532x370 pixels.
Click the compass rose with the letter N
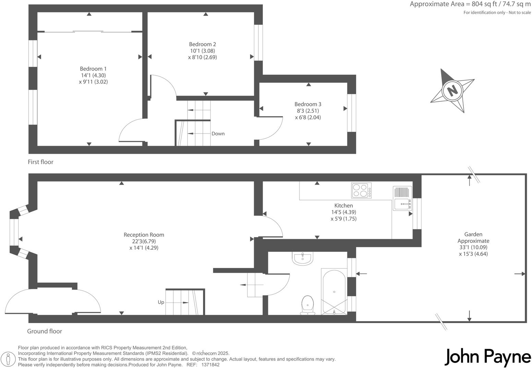[452, 91]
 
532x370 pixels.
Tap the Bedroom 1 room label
[93, 69]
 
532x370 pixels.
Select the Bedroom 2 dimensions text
[203, 54]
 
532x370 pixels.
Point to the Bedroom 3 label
[308, 104]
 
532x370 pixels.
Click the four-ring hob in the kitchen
[361, 190]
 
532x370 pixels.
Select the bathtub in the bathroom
[334, 291]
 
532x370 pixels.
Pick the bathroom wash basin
[302, 259]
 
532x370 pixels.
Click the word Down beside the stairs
[218, 134]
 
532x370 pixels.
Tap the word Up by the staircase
[161, 302]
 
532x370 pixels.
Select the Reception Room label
[144, 235]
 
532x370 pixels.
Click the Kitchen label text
[343, 206]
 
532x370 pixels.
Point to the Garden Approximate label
[473, 237]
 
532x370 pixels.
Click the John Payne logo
[488, 357]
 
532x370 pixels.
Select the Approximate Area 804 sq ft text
[470, 4]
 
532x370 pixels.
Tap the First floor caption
[40, 162]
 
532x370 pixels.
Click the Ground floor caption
[45, 331]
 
